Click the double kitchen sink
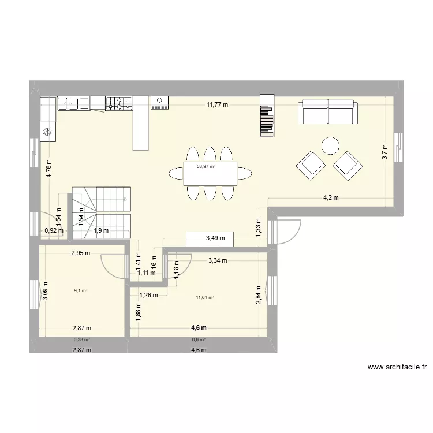click(68, 103)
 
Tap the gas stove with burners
click(119, 103)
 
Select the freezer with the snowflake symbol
click(48, 132)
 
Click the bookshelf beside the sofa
click(266, 117)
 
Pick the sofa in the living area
click(327, 112)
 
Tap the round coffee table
click(331, 145)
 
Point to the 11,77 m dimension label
click(218, 105)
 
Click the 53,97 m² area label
click(206, 166)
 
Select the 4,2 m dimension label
click(330, 197)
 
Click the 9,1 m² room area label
click(79, 290)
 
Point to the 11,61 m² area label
click(205, 297)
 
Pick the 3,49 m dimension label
click(216, 238)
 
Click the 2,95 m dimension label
click(81, 252)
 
